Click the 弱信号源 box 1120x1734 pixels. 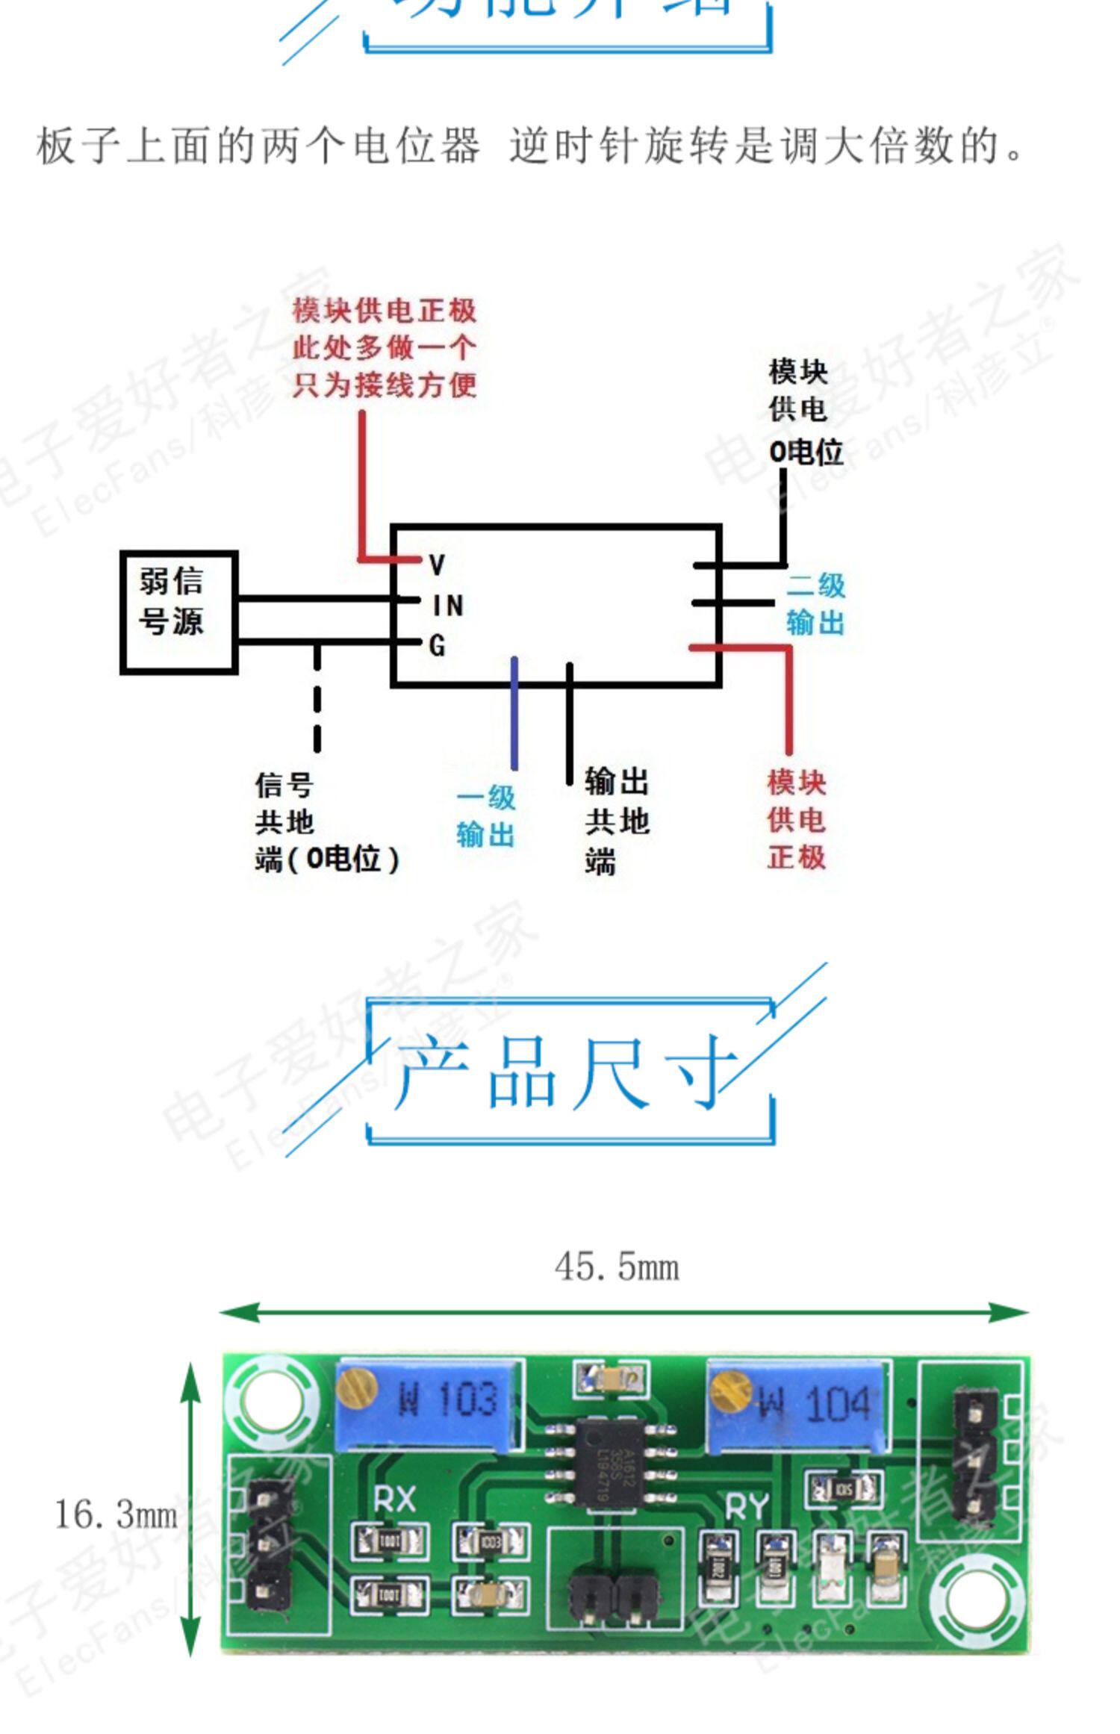click(x=178, y=612)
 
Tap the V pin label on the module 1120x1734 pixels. click(x=438, y=565)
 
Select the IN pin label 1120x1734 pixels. click(x=448, y=605)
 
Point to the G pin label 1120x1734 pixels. click(x=438, y=645)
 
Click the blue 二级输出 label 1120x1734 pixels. click(x=815, y=603)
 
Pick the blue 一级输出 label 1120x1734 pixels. click(x=486, y=815)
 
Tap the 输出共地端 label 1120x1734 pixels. click(x=616, y=820)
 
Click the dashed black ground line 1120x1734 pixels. click(x=317, y=698)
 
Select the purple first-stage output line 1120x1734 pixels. click(x=514, y=713)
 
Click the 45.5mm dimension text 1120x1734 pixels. click(x=617, y=1267)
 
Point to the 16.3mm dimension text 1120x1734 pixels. click(x=116, y=1515)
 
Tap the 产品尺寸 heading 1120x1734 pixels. click(x=567, y=1072)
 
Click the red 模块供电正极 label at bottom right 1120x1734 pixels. click(x=796, y=820)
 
